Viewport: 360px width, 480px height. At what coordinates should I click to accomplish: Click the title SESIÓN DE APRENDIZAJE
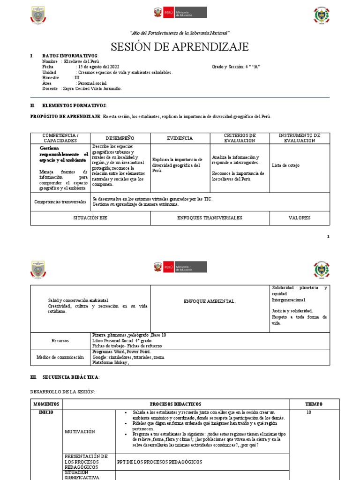(x=180, y=47)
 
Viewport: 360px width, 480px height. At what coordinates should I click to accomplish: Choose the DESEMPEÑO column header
(x=120, y=138)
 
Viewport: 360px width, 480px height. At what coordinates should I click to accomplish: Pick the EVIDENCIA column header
(x=180, y=138)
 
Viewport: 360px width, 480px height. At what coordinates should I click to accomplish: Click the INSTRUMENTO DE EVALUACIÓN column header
(x=300, y=138)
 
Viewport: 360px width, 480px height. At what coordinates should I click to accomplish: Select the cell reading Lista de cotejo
(x=285, y=165)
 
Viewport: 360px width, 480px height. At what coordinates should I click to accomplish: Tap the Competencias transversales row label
(x=60, y=202)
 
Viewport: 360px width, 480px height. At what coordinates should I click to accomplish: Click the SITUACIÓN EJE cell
(x=90, y=218)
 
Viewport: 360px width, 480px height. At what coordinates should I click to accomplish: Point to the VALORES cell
(x=300, y=218)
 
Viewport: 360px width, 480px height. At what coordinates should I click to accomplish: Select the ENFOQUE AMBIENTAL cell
(x=210, y=300)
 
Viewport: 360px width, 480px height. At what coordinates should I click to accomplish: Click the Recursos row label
(x=60, y=340)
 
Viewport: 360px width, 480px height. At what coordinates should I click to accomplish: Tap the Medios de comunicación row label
(x=60, y=357)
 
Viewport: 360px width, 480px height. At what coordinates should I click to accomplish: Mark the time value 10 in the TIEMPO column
(x=309, y=412)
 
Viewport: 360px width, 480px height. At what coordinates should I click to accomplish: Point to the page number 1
(x=328, y=237)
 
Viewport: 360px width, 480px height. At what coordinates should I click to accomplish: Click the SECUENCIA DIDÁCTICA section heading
(x=71, y=377)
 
